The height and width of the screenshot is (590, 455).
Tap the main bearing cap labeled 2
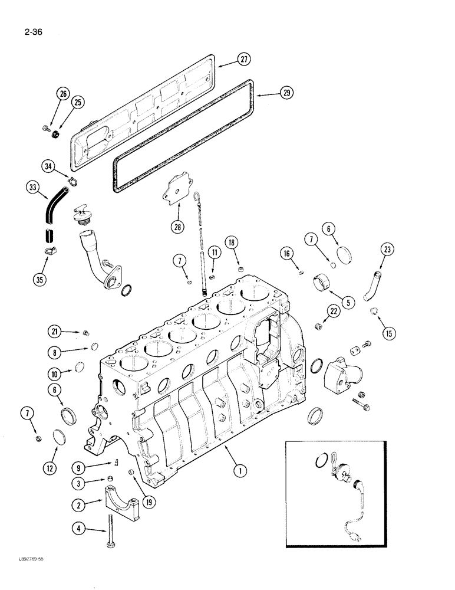click(x=122, y=499)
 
